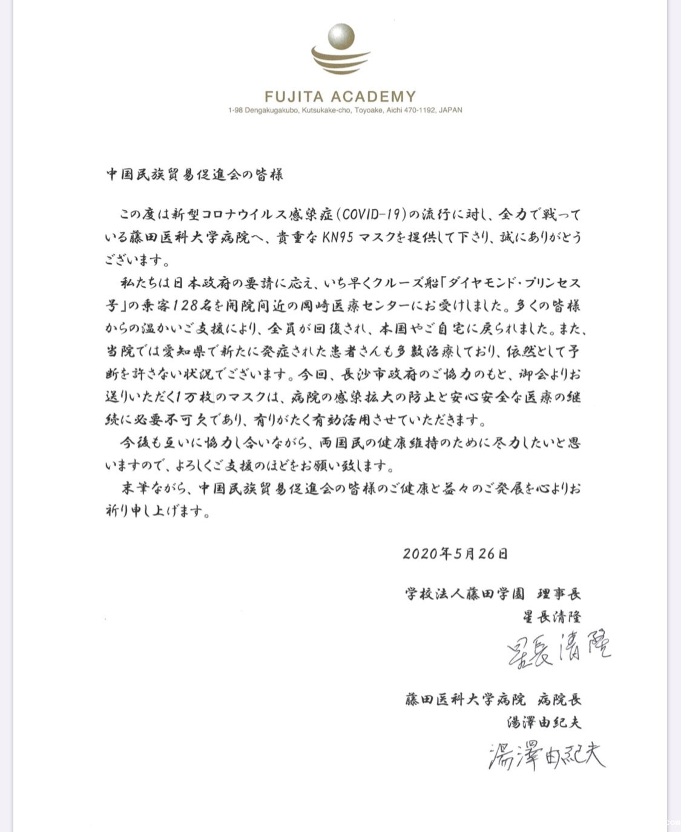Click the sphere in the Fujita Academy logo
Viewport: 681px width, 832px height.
click(340, 36)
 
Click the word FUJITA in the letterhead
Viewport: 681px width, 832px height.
click(294, 96)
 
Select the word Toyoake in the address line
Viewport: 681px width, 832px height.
click(369, 110)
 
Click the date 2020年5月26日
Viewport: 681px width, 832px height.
click(455, 553)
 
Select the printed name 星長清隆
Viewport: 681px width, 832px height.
click(551, 616)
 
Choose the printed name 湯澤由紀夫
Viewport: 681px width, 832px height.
click(544, 722)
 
